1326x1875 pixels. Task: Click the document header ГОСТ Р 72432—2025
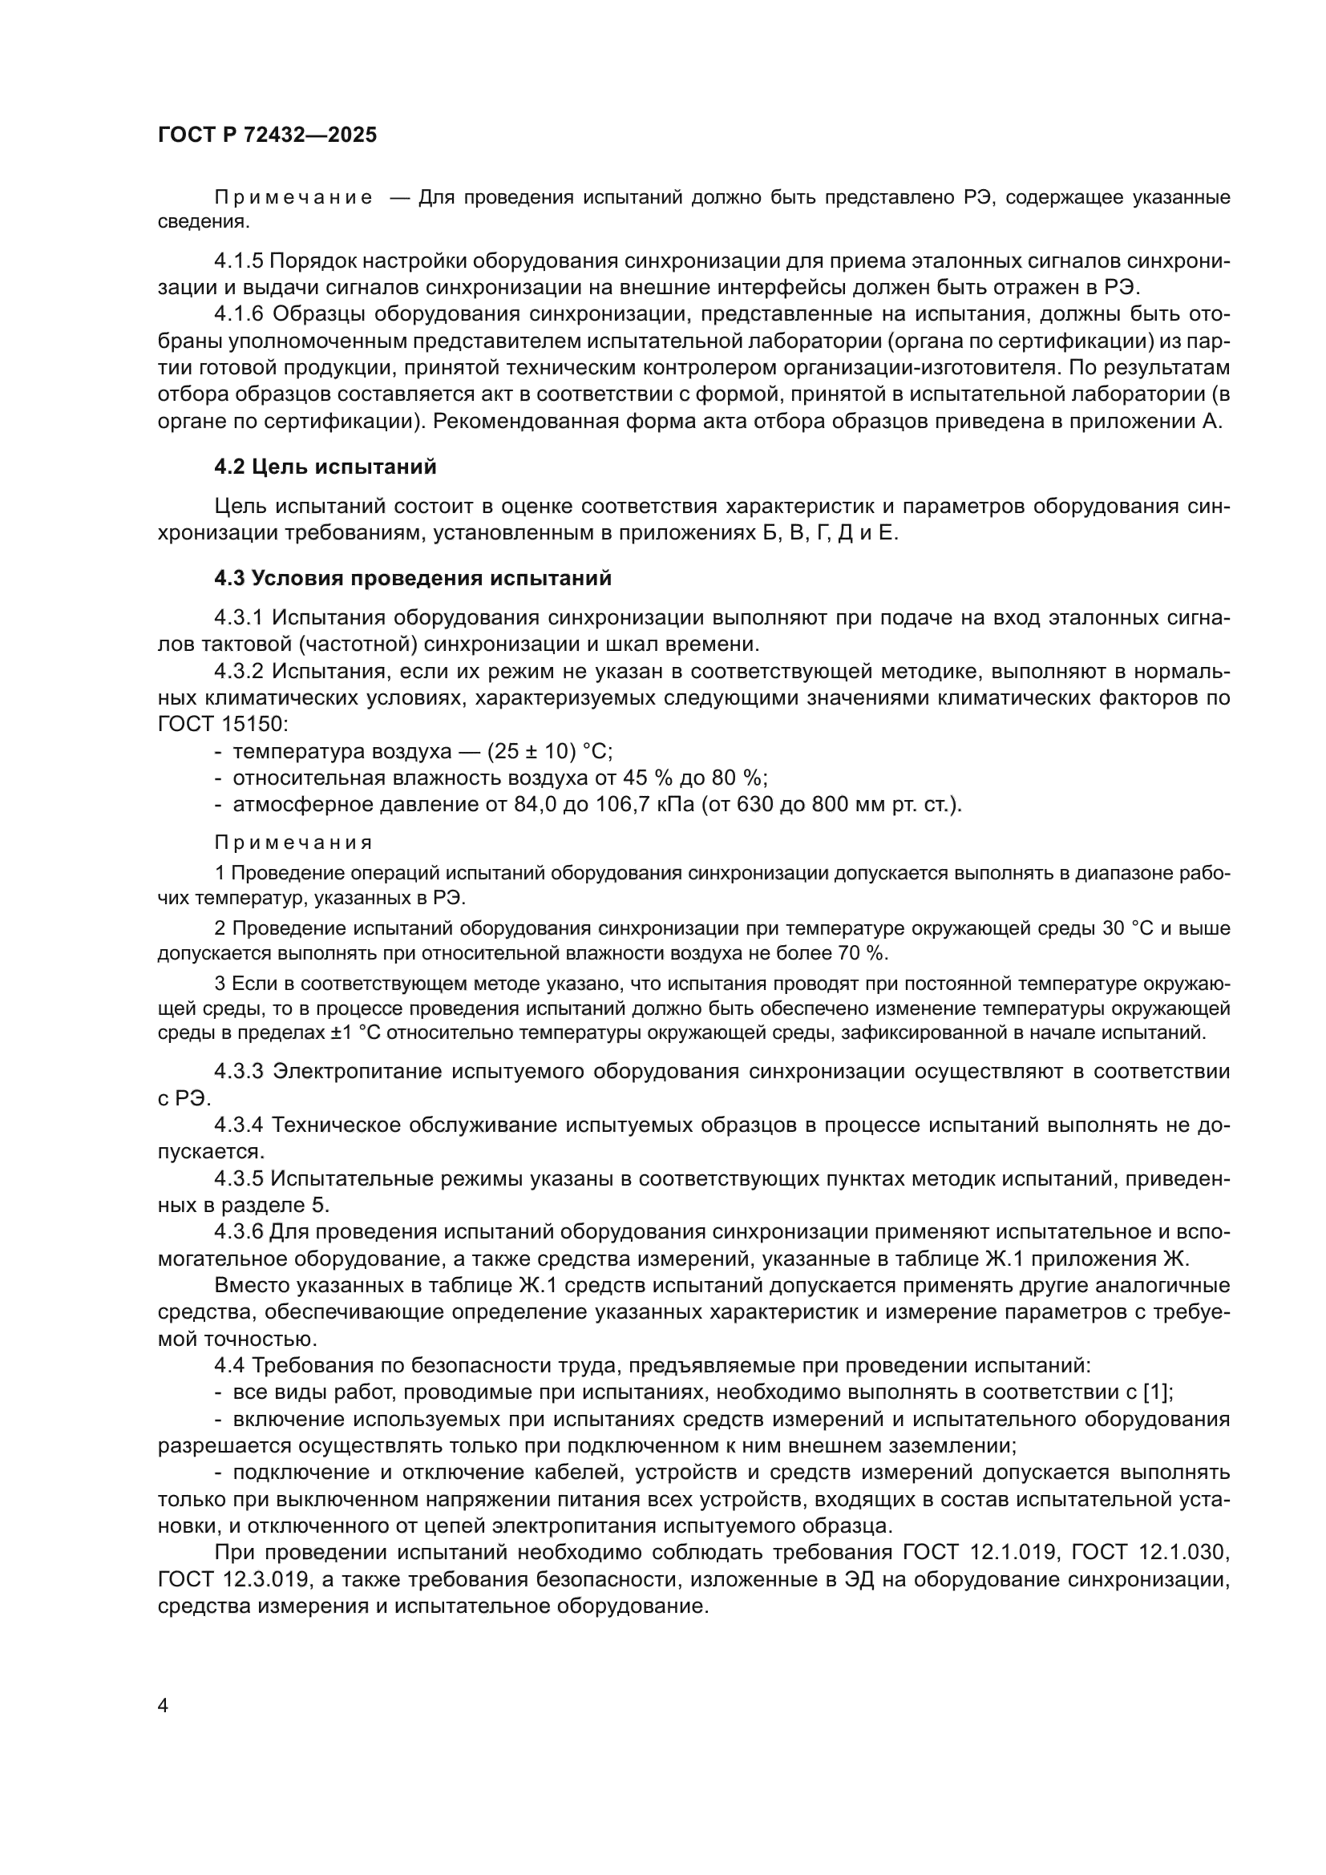[x=267, y=135]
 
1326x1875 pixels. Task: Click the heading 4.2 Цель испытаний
[x=325, y=467]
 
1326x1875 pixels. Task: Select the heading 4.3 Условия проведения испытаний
[x=412, y=578]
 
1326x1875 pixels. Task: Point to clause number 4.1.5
[x=238, y=261]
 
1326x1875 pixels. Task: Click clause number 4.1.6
[x=238, y=314]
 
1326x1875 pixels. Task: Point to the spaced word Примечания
[x=293, y=843]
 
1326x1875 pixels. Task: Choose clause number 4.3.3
[x=238, y=1072]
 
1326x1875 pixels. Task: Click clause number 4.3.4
[x=238, y=1125]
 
